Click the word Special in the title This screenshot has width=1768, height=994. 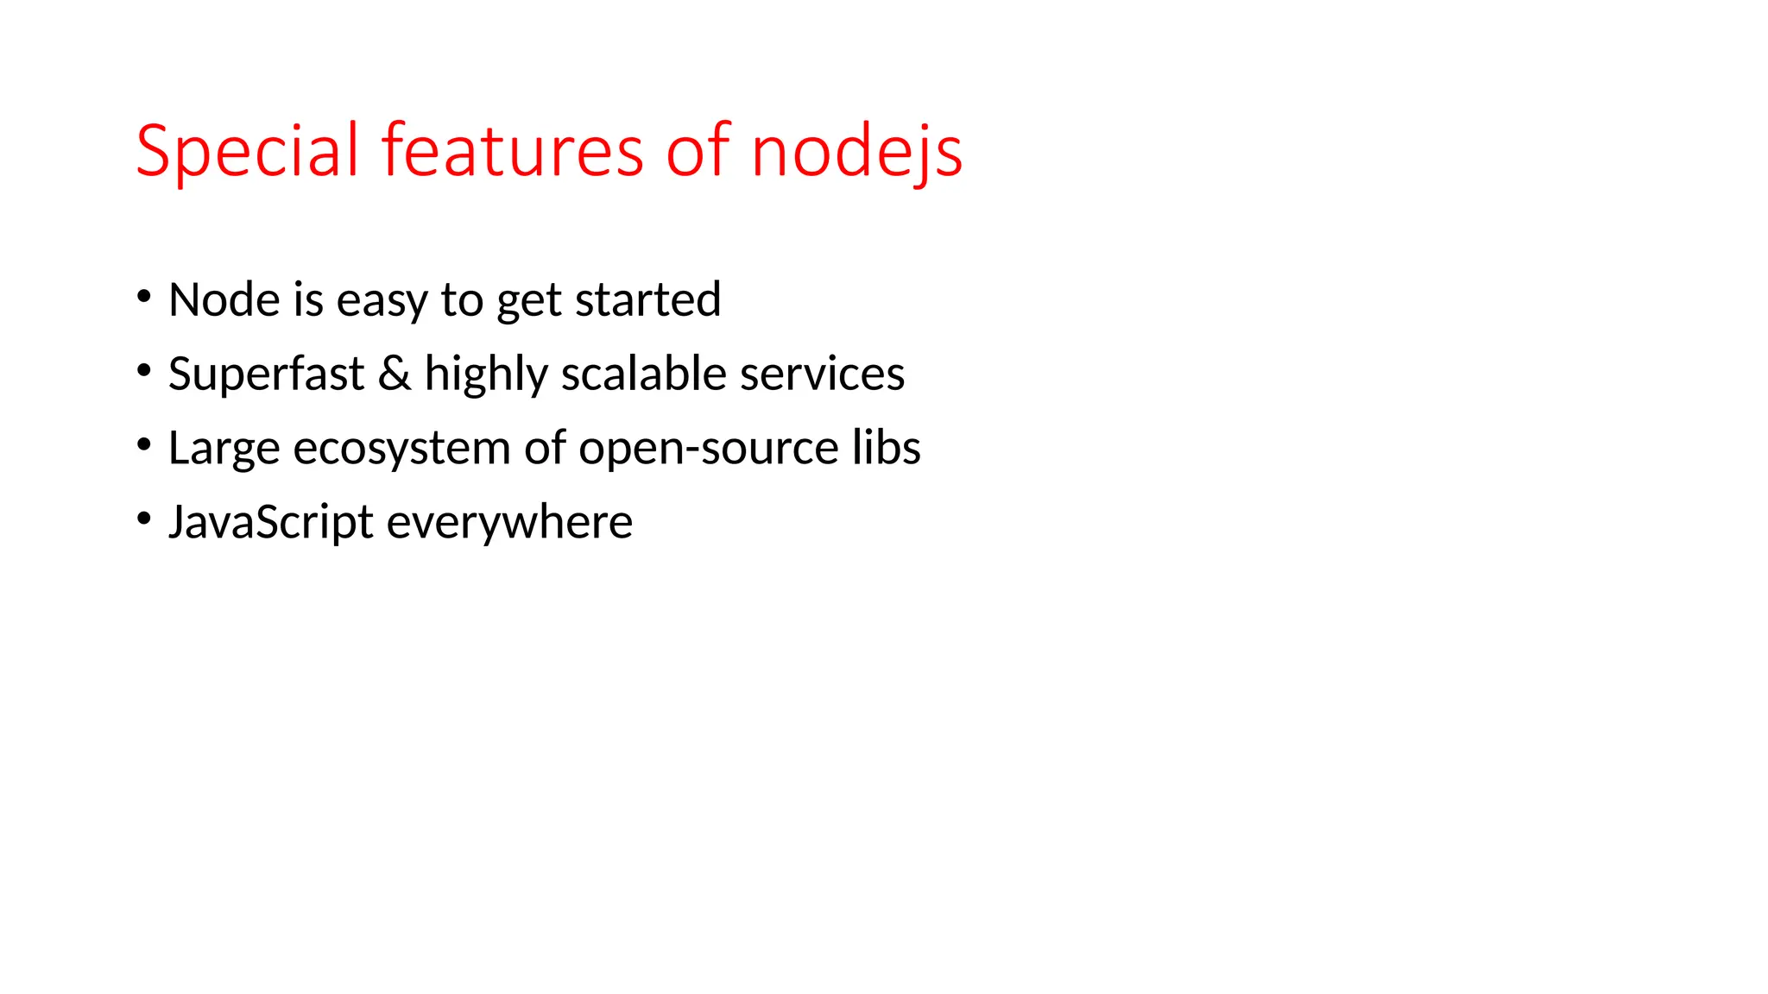point(247,152)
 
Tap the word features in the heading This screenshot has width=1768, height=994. point(513,152)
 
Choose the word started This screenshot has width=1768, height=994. point(647,300)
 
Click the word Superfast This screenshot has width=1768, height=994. point(266,374)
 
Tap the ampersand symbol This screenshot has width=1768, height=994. point(395,374)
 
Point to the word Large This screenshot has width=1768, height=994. point(224,450)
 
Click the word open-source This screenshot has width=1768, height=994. point(708,450)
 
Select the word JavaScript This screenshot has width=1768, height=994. point(271,523)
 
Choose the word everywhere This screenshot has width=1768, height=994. point(509,524)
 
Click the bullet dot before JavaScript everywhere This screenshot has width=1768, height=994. point(144,519)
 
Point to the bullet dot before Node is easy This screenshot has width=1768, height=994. point(144,297)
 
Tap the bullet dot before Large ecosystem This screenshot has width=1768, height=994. point(144,445)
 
